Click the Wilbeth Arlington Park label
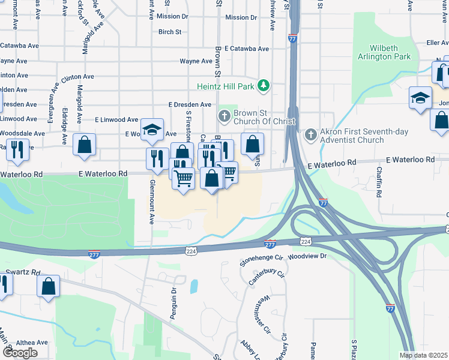point(390,51)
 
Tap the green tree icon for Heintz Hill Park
point(263,86)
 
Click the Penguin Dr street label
point(173,302)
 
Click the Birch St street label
point(169,32)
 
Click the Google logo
point(20,352)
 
